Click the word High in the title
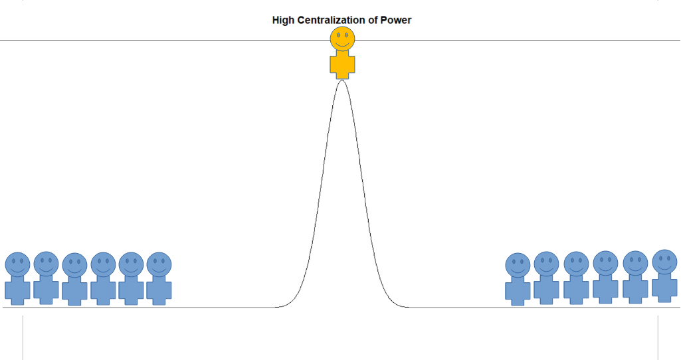tap(283, 20)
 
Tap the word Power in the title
tap(396, 20)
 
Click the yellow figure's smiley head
tap(342, 39)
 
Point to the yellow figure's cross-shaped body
tap(342, 65)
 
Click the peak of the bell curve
tap(342, 81)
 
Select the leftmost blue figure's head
tap(17, 264)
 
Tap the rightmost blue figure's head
tap(664, 262)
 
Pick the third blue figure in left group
tap(74, 280)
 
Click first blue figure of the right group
tap(518, 280)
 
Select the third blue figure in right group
tap(576, 278)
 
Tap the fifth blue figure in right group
tap(635, 278)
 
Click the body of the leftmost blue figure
tap(17, 290)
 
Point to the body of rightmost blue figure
tap(664, 286)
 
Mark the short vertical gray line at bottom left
tap(23, 337)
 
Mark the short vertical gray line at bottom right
tap(658, 337)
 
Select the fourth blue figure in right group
tap(605, 278)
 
